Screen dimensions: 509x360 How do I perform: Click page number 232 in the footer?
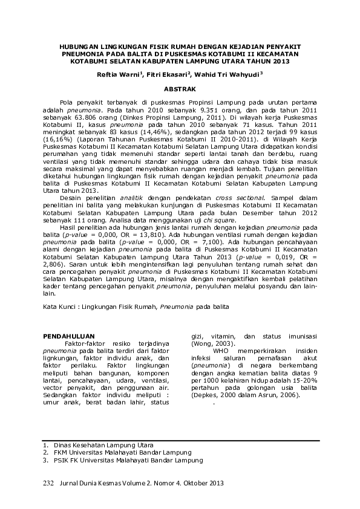click(49, 483)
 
